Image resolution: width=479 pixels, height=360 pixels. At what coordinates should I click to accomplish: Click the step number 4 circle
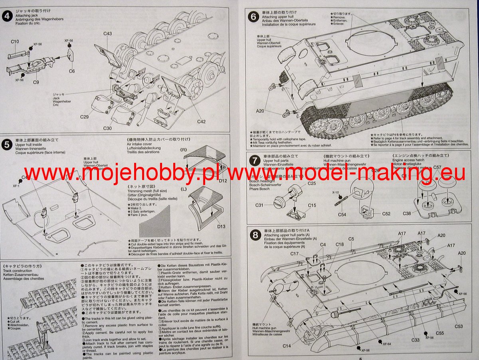tap(7, 16)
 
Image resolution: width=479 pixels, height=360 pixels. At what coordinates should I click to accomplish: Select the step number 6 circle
tap(253, 17)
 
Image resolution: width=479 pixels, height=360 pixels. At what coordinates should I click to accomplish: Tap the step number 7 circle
tap(253, 160)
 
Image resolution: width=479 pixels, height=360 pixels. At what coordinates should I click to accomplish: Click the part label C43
tap(107, 34)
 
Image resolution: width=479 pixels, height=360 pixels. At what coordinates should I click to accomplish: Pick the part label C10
tap(15, 42)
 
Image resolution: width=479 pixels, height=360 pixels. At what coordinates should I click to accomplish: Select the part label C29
tap(84, 117)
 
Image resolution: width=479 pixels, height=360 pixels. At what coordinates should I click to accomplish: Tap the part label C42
tap(201, 121)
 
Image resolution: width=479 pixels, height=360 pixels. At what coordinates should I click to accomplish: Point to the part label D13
tap(221, 226)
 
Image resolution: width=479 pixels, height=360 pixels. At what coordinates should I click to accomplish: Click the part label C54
tap(342, 214)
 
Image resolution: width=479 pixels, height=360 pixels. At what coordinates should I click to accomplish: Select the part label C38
tap(406, 214)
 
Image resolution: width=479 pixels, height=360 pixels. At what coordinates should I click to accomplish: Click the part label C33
tap(415, 340)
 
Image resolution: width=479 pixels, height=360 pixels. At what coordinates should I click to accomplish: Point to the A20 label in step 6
tap(260, 111)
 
